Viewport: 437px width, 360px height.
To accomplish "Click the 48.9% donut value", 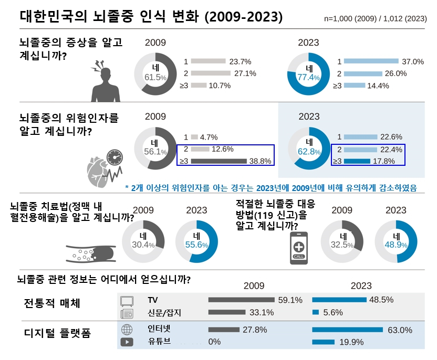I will coord(396,245).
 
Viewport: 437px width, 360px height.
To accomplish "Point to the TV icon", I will coord(127,301).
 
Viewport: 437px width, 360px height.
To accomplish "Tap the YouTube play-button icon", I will coord(127,342).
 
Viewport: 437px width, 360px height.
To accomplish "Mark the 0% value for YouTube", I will coord(214,342).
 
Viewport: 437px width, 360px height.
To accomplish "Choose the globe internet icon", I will coord(127,330).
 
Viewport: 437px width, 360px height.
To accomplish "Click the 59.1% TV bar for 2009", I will coord(241,300).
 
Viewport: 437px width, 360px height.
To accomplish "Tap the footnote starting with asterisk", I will coord(274,186).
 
